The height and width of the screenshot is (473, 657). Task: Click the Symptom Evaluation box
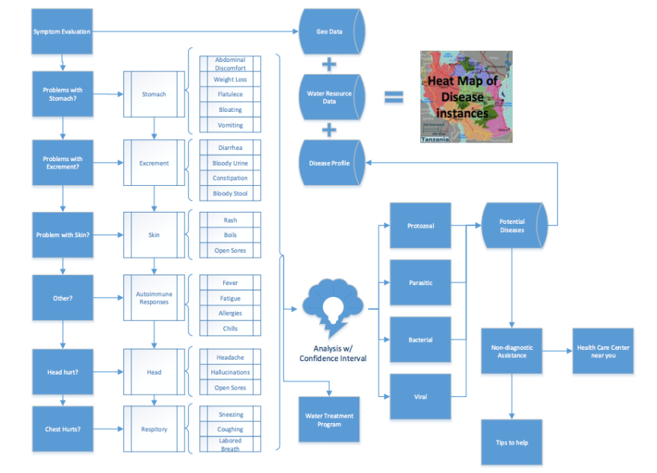pos(62,31)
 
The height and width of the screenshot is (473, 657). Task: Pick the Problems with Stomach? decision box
pos(62,94)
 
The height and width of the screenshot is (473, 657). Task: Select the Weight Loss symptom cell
pos(230,80)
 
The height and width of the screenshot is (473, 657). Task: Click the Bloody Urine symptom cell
pos(230,163)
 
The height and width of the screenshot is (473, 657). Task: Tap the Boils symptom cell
pos(230,236)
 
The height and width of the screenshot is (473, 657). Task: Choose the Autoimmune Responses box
pos(154,298)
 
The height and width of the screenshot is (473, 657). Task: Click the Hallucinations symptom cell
pos(230,372)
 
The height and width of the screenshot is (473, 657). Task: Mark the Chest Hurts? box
pos(62,429)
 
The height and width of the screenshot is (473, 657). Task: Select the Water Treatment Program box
pos(328,420)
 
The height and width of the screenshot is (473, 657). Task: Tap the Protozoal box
pos(420,226)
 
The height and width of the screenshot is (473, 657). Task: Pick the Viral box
pos(420,397)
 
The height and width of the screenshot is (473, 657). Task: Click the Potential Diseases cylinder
pos(512,225)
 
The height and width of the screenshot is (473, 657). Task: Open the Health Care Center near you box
pos(602,351)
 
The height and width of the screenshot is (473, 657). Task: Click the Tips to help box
pos(512,442)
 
